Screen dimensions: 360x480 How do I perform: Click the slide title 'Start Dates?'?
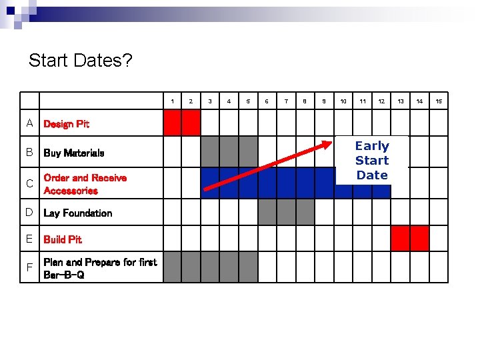pyautogui.click(x=80, y=61)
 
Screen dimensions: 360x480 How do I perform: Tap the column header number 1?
pyautogui.click(x=173, y=101)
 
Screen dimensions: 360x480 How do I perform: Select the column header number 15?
pyautogui.click(x=439, y=101)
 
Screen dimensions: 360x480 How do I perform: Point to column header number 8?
pyautogui.click(x=305, y=101)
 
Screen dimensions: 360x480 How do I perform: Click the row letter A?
pyautogui.click(x=29, y=123)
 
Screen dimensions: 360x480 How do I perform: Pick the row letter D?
pyautogui.click(x=29, y=213)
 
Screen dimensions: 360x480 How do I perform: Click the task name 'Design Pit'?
pyautogui.click(x=66, y=124)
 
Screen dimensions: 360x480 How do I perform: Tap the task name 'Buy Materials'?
pyautogui.click(x=73, y=153)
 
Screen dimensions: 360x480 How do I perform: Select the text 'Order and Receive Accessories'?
pyautogui.click(x=85, y=184)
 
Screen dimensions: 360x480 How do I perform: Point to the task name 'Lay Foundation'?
pyautogui.click(x=77, y=213)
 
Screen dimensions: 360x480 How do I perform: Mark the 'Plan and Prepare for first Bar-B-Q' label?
pyautogui.click(x=100, y=268)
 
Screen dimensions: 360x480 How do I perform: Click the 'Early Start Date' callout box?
pyautogui.click(x=372, y=160)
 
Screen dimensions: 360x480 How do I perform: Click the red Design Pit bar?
pyautogui.click(x=182, y=122)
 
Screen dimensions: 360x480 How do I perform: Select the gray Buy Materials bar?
pyautogui.click(x=229, y=151)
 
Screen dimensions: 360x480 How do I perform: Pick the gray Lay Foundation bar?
pyautogui.click(x=286, y=212)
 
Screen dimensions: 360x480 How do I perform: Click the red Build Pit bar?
pyautogui.click(x=410, y=238)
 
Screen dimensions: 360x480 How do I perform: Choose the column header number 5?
pyautogui.click(x=248, y=101)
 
